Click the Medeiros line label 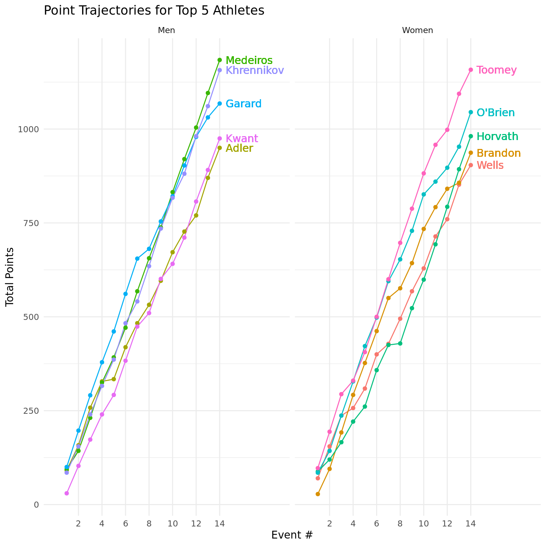pos(249,60)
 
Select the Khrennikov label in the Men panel pos(255,70)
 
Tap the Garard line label pos(243,104)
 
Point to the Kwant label pos(242,139)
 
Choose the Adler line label pos(239,148)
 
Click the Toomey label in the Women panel pos(496,70)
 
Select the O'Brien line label pos(496,113)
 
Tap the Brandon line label pos(498,153)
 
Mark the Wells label pos(490,165)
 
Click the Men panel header pos(166,31)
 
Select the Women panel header pos(417,31)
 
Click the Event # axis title pos(292,535)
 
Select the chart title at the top pos(154,11)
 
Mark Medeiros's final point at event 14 pos(220,60)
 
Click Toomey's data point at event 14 pos(471,70)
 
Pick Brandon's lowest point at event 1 pos(318,494)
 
